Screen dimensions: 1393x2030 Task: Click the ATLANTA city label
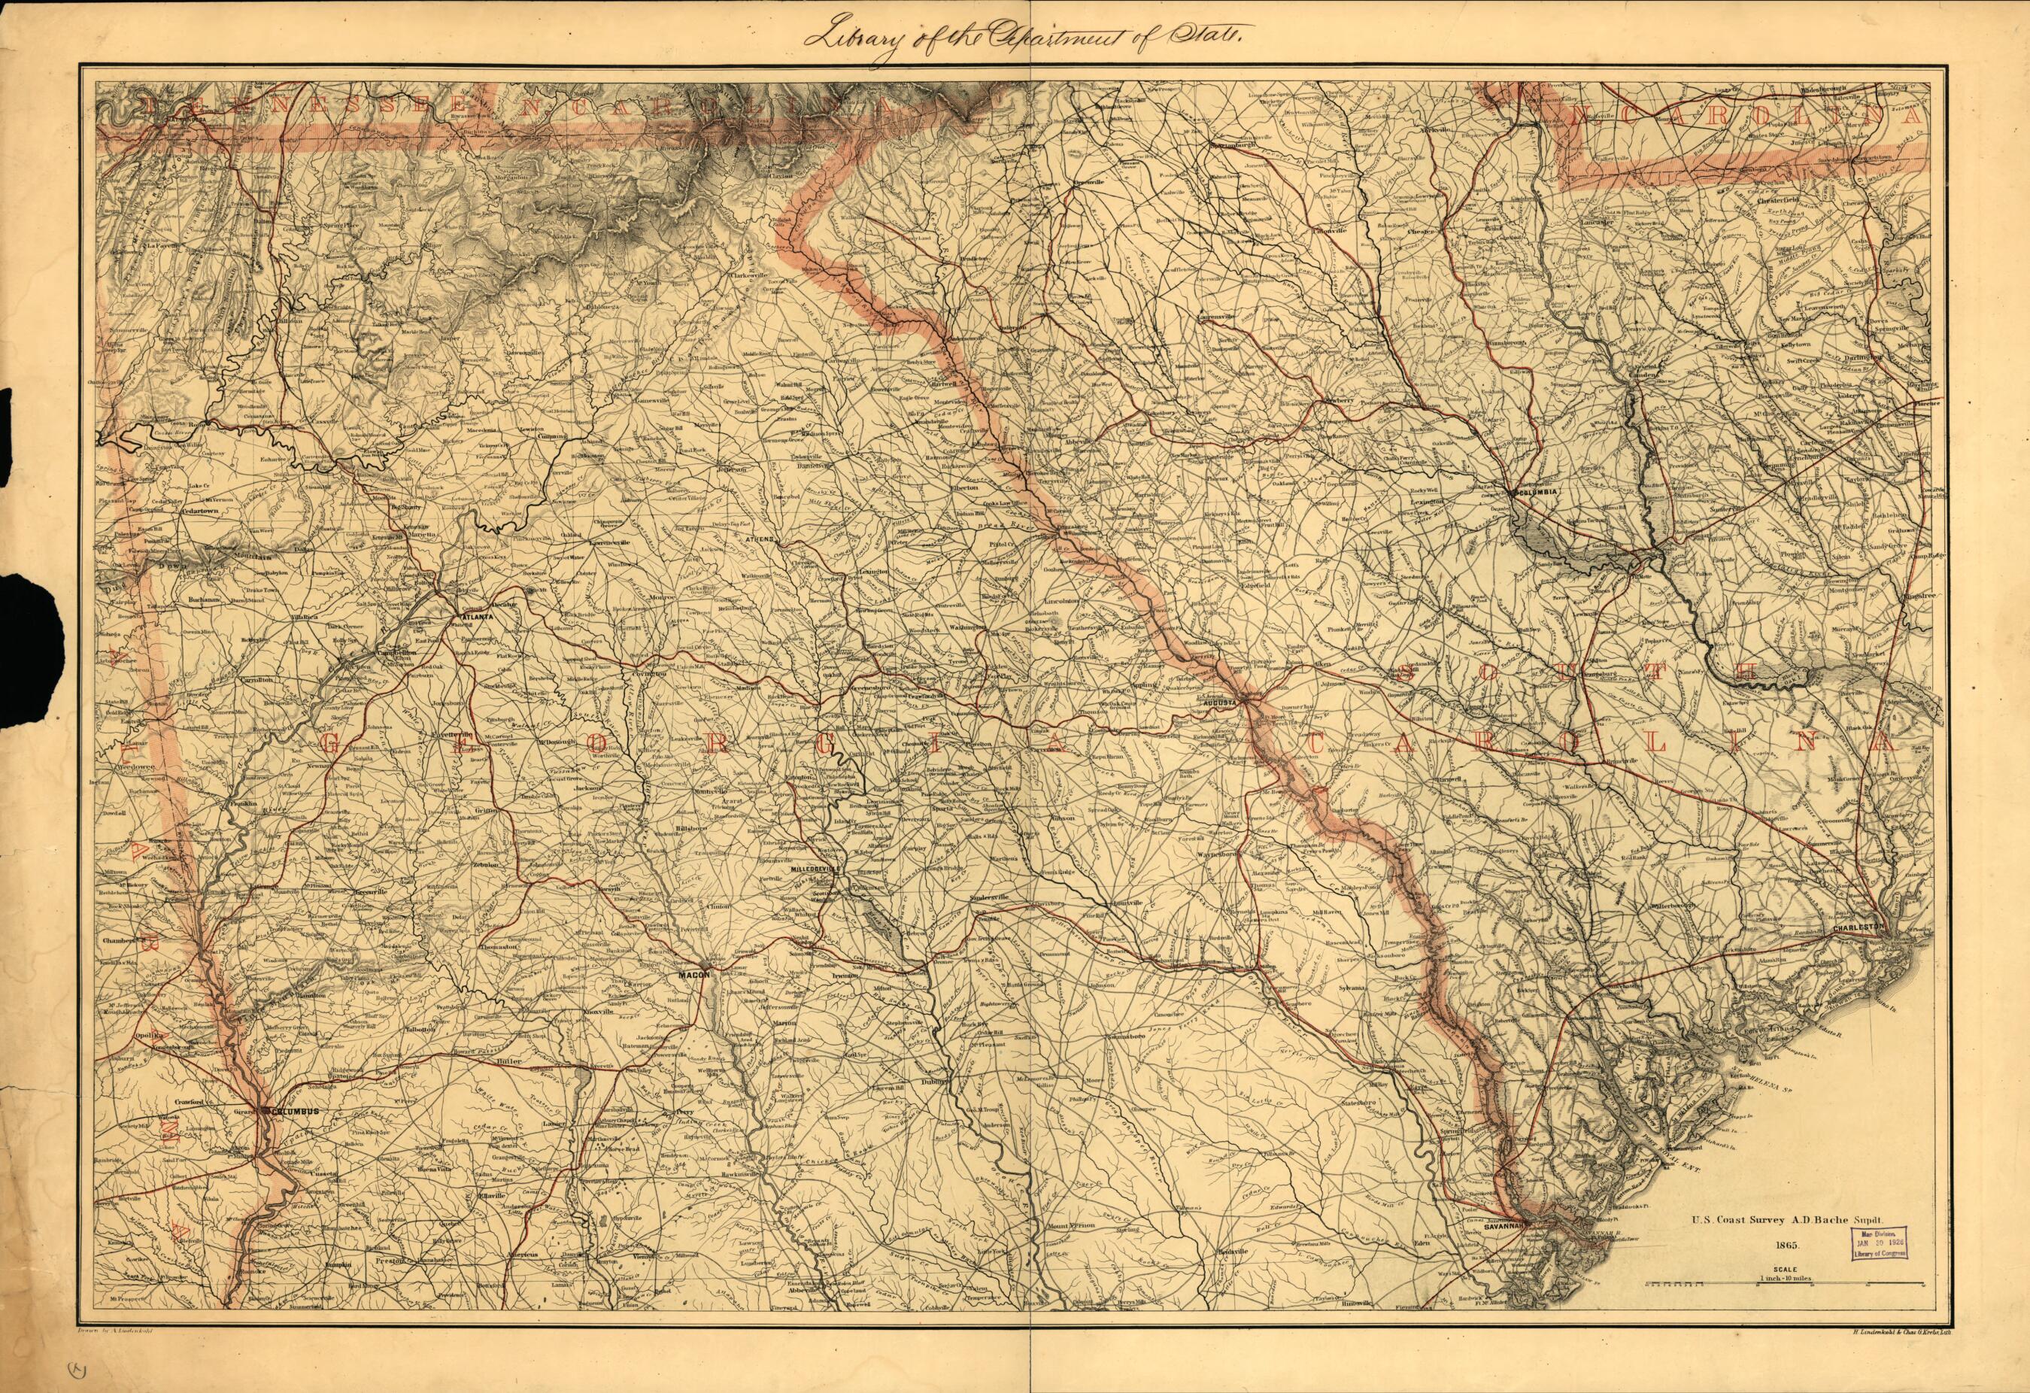(478, 616)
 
